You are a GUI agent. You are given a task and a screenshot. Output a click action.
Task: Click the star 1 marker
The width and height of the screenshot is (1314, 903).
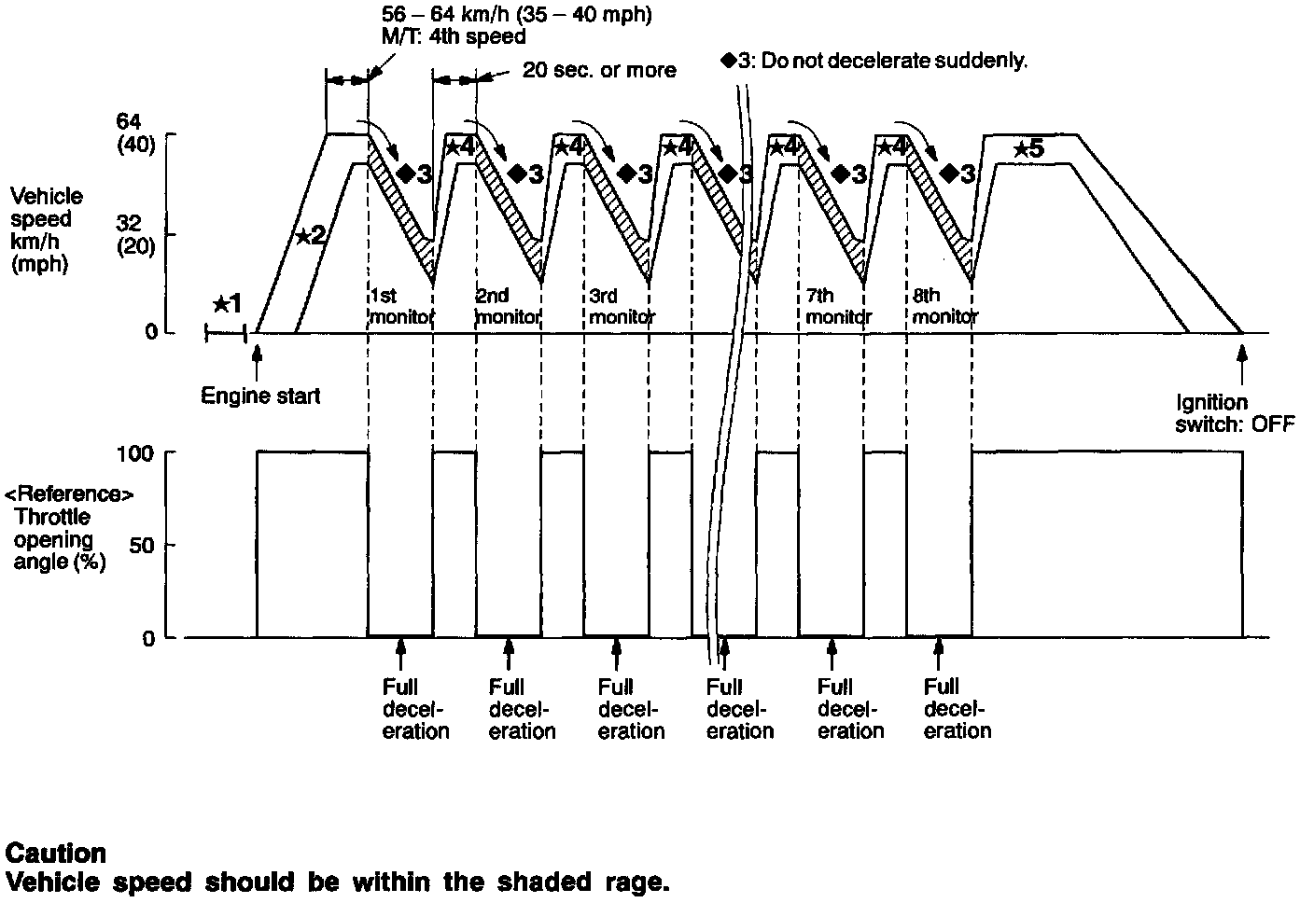coord(227,304)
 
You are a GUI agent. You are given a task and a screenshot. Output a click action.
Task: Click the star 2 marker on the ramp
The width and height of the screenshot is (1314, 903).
coord(310,235)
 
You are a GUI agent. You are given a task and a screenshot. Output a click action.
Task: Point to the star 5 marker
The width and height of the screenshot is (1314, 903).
coord(1028,148)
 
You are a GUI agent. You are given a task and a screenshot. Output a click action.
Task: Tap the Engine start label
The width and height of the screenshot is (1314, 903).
coord(260,396)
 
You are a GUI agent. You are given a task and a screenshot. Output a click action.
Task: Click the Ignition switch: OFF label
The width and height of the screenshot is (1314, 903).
coord(1235,413)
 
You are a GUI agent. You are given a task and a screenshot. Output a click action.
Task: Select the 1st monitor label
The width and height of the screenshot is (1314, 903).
coord(400,306)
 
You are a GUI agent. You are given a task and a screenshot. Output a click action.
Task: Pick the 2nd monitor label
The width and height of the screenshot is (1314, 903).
coord(508,306)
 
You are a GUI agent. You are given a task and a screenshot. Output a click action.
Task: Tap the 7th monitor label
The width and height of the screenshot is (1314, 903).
coord(837,306)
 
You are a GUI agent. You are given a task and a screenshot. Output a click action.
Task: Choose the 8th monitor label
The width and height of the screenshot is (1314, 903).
coord(944,306)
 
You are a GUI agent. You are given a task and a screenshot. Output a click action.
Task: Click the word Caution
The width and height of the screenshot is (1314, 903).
coord(55,854)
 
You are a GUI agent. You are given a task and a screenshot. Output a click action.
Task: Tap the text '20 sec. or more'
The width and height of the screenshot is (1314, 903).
coord(598,71)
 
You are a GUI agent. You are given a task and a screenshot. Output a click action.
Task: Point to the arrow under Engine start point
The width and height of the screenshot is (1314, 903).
coord(257,358)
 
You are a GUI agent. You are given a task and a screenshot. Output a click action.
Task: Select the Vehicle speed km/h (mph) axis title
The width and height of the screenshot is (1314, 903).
coord(47,229)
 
